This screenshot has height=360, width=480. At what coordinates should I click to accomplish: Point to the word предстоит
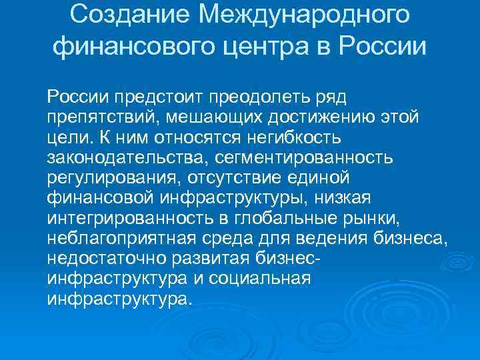click(x=157, y=98)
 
